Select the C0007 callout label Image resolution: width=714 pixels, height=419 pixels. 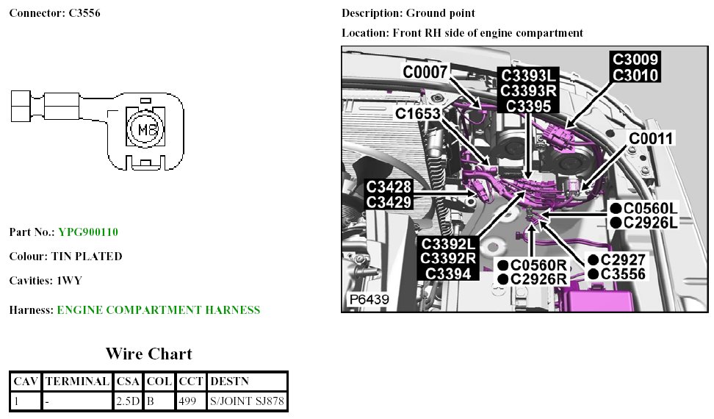click(425, 71)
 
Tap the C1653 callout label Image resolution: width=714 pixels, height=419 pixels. click(417, 114)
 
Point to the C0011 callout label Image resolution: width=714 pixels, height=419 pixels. click(651, 137)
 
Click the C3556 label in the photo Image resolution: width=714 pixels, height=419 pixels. click(623, 274)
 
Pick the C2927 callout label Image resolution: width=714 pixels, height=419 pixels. click(623, 260)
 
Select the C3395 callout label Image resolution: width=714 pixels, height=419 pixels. click(529, 105)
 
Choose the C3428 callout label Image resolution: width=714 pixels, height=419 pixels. click(389, 187)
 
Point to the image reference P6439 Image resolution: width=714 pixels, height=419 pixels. click(369, 300)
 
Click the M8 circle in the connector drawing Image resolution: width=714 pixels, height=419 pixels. click(143, 129)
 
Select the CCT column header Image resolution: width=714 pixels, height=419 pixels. click(190, 382)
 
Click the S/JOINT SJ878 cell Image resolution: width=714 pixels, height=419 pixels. click(247, 401)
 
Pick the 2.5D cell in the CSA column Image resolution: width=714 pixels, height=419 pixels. click(128, 401)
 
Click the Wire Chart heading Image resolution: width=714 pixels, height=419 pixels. click(149, 354)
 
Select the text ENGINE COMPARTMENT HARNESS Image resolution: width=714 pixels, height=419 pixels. click(158, 310)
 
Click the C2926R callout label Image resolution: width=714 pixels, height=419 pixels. click(540, 279)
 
